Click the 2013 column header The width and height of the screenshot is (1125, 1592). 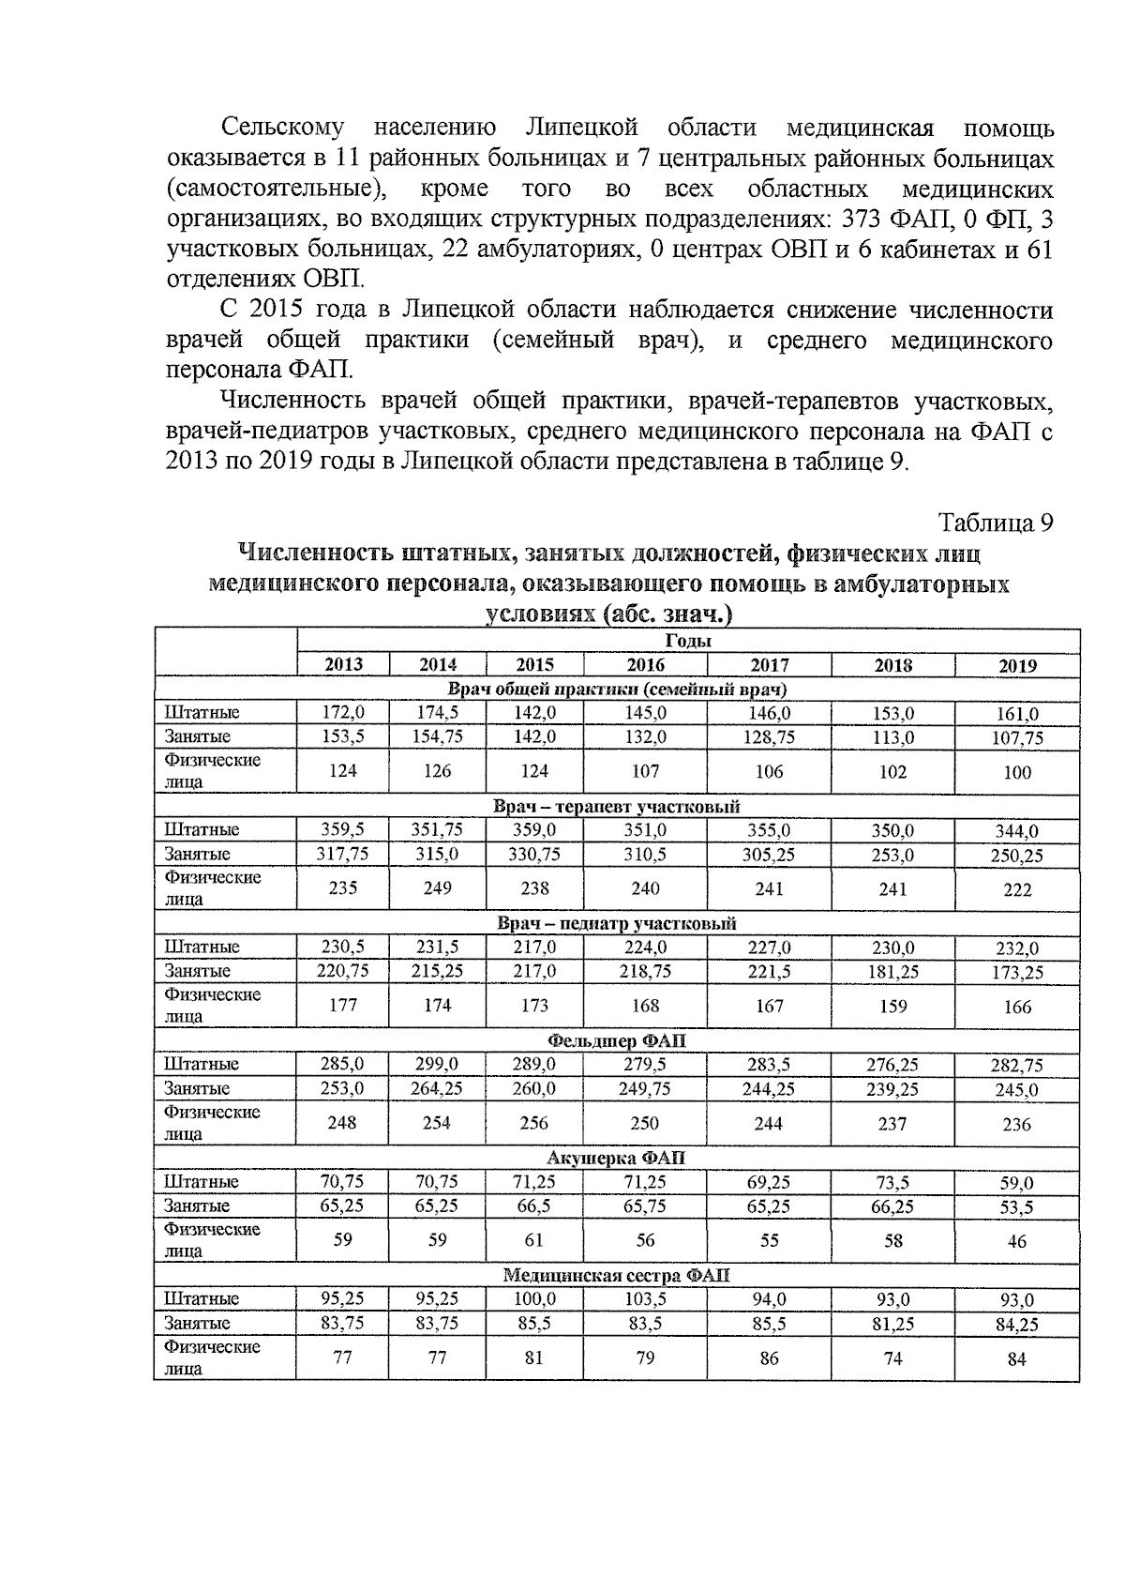(x=343, y=665)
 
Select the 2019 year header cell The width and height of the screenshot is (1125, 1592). (x=1017, y=666)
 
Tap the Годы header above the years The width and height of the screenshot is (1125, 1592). (x=688, y=642)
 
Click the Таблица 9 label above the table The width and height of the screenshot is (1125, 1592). (x=996, y=523)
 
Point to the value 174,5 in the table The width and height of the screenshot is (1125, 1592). (x=438, y=713)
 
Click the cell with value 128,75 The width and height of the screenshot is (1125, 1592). (x=769, y=737)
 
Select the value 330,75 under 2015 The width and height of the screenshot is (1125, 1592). (x=534, y=855)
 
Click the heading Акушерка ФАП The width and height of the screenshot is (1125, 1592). (x=617, y=1159)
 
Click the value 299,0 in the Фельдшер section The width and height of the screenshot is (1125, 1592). (x=437, y=1065)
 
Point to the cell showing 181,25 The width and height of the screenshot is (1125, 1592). (x=892, y=972)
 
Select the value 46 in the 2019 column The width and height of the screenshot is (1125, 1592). (x=1017, y=1241)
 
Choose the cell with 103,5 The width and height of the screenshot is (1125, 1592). (x=645, y=1299)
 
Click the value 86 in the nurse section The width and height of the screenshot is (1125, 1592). (x=769, y=1357)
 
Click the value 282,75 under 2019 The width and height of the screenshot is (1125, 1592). (x=1017, y=1066)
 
